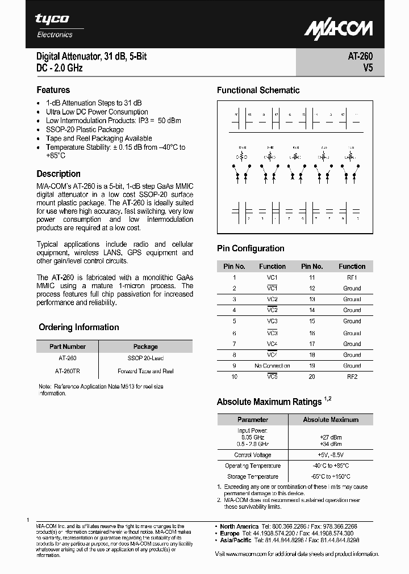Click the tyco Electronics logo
click(x=55, y=26)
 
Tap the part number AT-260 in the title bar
click(x=360, y=57)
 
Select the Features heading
click(x=53, y=90)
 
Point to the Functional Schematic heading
click(x=258, y=90)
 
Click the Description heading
click(x=59, y=174)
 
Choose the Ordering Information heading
click(x=79, y=327)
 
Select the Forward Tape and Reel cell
click(x=145, y=371)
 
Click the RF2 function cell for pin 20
click(x=352, y=377)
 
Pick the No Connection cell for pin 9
click(x=272, y=366)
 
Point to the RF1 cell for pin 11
click(x=352, y=277)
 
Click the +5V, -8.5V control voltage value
click(x=330, y=455)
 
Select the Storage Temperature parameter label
click(x=253, y=476)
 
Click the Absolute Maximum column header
click(x=331, y=420)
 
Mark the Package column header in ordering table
click(x=145, y=347)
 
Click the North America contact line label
click(x=239, y=526)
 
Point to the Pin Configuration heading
click(x=251, y=248)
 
